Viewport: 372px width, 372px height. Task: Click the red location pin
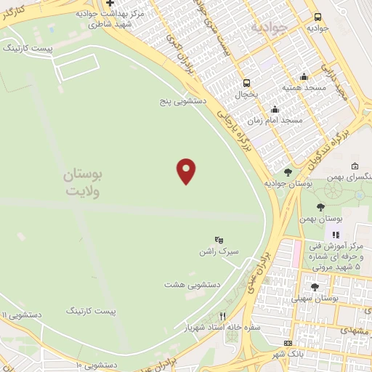point(187,171)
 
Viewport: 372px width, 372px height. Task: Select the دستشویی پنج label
point(183,102)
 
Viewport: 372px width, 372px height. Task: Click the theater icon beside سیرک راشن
point(219,240)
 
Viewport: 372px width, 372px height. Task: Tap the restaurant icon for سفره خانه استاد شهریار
point(224,316)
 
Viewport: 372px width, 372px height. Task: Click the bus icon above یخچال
point(247,83)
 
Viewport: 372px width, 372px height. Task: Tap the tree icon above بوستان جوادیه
point(288,172)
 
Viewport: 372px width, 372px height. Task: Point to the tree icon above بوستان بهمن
point(320,207)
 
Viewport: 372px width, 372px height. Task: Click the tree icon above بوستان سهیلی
point(314,287)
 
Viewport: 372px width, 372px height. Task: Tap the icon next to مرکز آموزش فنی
point(336,235)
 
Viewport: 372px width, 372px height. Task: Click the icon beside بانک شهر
point(288,343)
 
